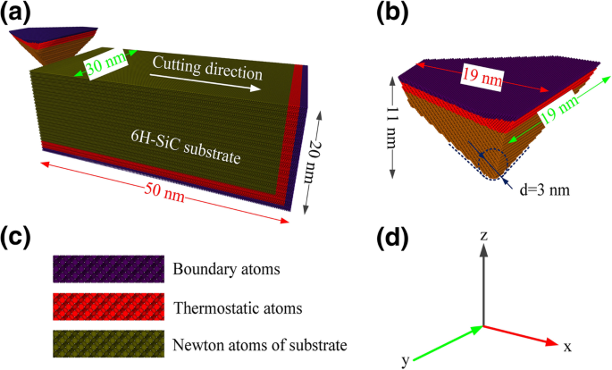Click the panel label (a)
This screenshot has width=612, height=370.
22,13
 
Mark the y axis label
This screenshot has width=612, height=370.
407,359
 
